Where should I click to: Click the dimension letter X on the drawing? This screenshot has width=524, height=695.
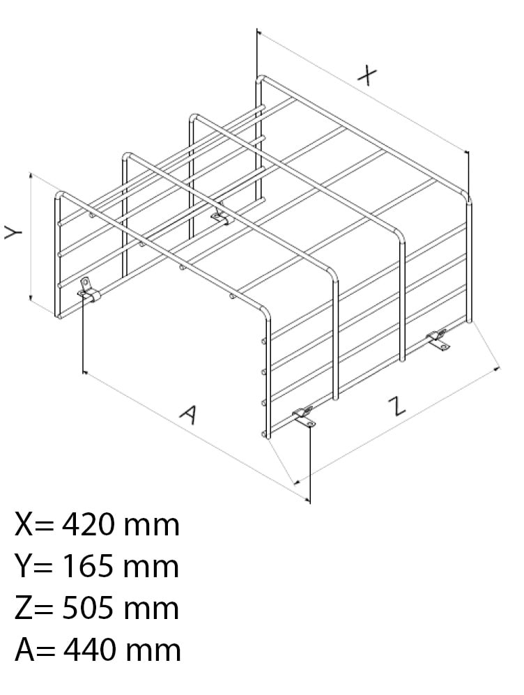click(367, 75)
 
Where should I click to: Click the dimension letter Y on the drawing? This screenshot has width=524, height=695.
click(14, 231)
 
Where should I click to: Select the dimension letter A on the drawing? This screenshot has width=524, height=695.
click(190, 415)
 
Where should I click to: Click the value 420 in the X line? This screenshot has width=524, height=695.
click(89, 525)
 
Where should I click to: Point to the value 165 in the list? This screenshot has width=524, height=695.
click(89, 567)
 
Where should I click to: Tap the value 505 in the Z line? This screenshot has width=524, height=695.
click(88, 608)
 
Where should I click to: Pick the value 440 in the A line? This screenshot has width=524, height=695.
click(90, 650)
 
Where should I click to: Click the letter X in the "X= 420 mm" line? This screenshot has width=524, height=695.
click(24, 525)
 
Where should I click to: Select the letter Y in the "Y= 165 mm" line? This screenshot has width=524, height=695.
click(23, 567)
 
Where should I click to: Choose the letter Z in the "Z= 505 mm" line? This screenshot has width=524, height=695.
click(22, 608)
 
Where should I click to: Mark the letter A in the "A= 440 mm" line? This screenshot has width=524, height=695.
click(25, 650)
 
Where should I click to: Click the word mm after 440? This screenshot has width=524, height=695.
click(153, 652)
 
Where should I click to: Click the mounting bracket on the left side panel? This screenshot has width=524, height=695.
click(88, 290)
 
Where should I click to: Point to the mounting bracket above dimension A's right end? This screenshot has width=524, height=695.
click(305, 418)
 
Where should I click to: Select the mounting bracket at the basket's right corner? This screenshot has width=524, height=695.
click(438, 340)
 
